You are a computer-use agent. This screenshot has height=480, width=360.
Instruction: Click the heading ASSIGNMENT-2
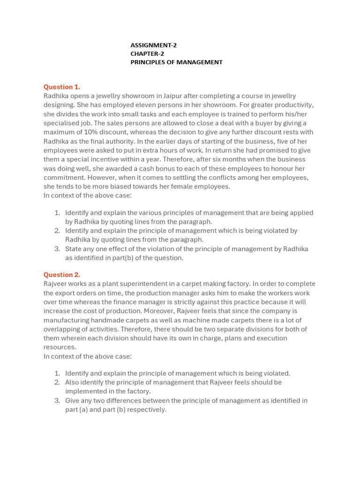153,45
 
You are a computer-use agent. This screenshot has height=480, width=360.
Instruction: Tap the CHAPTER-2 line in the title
147,54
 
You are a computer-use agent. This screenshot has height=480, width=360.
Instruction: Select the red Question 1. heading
62,87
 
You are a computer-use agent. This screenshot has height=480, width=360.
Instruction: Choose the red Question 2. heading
62,275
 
